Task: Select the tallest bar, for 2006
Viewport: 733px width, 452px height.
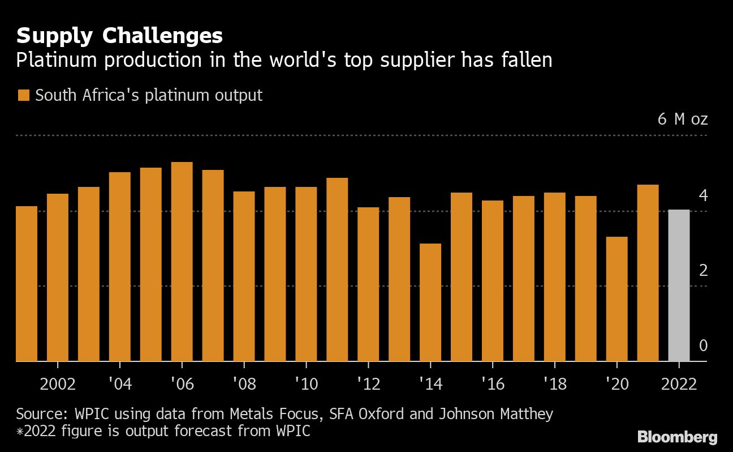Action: click(x=182, y=261)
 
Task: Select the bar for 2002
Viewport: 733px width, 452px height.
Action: click(x=58, y=277)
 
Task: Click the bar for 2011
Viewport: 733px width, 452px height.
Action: click(x=337, y=269)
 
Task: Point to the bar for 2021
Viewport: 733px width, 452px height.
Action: click(x=648, y=272)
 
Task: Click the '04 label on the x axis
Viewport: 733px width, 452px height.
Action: click(x=119, y=385)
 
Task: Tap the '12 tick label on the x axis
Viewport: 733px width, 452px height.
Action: click(x=368, y=385)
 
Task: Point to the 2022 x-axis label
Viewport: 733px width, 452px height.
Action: click(x=678, y=385)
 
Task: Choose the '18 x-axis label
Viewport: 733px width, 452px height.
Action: click(x=554, y=385)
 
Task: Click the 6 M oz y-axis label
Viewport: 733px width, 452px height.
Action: click(x=683, y=120)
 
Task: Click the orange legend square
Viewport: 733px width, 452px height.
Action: click(x=23, y=95)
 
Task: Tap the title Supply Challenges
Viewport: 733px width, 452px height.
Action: click(x=119, y=36)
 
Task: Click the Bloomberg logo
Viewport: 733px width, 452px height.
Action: click(x=677, y=437)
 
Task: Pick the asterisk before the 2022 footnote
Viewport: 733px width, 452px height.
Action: click(x=20, y=432)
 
